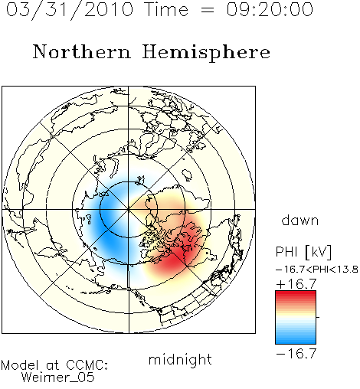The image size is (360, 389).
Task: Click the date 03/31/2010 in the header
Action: click(70, 9)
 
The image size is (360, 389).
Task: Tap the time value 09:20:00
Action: click(270, 9)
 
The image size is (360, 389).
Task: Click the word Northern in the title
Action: click(82, 52)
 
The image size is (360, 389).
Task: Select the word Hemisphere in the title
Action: click(206, 53)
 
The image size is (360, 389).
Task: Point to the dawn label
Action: click(300, 220)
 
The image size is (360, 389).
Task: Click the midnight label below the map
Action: click(180, 360)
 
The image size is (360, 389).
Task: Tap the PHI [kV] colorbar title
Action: click(303, 252)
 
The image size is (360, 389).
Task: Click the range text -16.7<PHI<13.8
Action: click(317, 270)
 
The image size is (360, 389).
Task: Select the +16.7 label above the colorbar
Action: click(296, 284)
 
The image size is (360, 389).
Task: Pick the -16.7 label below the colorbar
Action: click(296, 354)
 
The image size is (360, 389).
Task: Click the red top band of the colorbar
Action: click(296, 294)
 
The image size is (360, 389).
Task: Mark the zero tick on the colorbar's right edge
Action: click(318, 317)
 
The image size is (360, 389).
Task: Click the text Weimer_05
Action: click(58, 378)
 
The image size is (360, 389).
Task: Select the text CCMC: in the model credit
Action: click(87, 365)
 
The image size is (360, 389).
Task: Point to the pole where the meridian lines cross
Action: click(129, 210)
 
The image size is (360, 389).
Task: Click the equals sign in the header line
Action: click(208, 10)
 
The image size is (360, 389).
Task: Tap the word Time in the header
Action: click(166, 9)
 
